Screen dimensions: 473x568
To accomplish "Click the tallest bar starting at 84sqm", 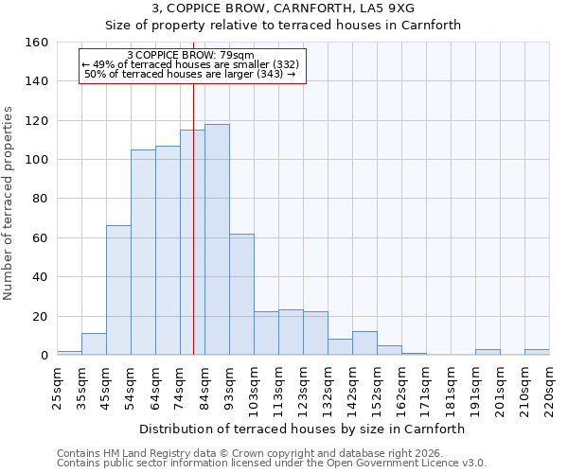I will tap(217, 239).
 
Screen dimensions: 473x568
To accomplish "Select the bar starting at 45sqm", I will tap(118, 290).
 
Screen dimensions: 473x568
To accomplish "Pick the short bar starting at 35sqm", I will tap(94, 344).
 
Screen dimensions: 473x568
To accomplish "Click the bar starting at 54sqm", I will tap(143, 253).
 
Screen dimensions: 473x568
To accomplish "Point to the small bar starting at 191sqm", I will tap(488, 352).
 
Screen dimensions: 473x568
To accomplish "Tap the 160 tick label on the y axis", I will tap(36, 43).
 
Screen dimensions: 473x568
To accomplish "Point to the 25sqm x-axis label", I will tap(57, 387).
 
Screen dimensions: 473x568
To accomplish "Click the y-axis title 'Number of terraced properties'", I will tap(9, 203).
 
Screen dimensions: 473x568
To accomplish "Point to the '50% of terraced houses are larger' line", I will tap(189, 74).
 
